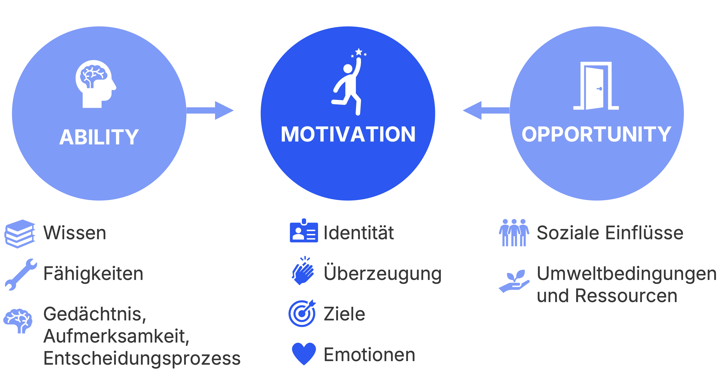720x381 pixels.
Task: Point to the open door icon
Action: point(596,86)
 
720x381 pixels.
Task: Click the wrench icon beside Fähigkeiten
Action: point(21,274)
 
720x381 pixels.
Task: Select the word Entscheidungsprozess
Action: point(142,358)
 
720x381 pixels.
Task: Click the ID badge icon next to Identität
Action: point(304,231)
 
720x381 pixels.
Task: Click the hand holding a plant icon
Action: point(514,281)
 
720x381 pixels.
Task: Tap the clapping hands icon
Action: point(303,270)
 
